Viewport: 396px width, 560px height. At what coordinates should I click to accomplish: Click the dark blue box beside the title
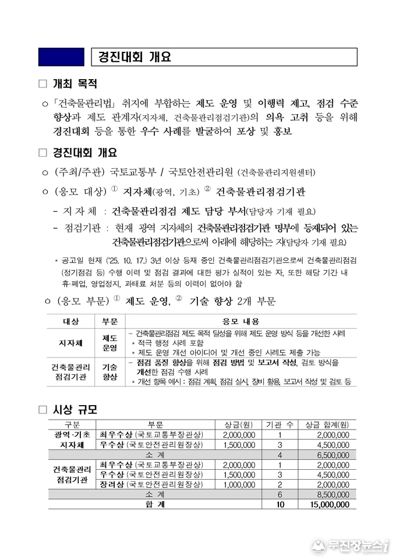pyautogui.click(x=61, y=56)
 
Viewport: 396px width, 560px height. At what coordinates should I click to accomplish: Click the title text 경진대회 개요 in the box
pyautogui.click(x=134, y=57)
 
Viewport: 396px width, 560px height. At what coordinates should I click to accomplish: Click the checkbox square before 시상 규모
pyautogui.click(x=42, y=410)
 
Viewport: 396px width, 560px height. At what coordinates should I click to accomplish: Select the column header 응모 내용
pyautogui.click(x=241, y=321)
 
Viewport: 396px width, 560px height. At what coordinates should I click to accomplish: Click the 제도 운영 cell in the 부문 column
pyautogui.click(x=109, y=343)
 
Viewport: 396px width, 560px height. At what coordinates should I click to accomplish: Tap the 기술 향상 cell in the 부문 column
pyautogui.click(x=109, y=372)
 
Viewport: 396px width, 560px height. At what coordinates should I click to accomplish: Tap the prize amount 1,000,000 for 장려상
pyautogui.click(x=239, y=484)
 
